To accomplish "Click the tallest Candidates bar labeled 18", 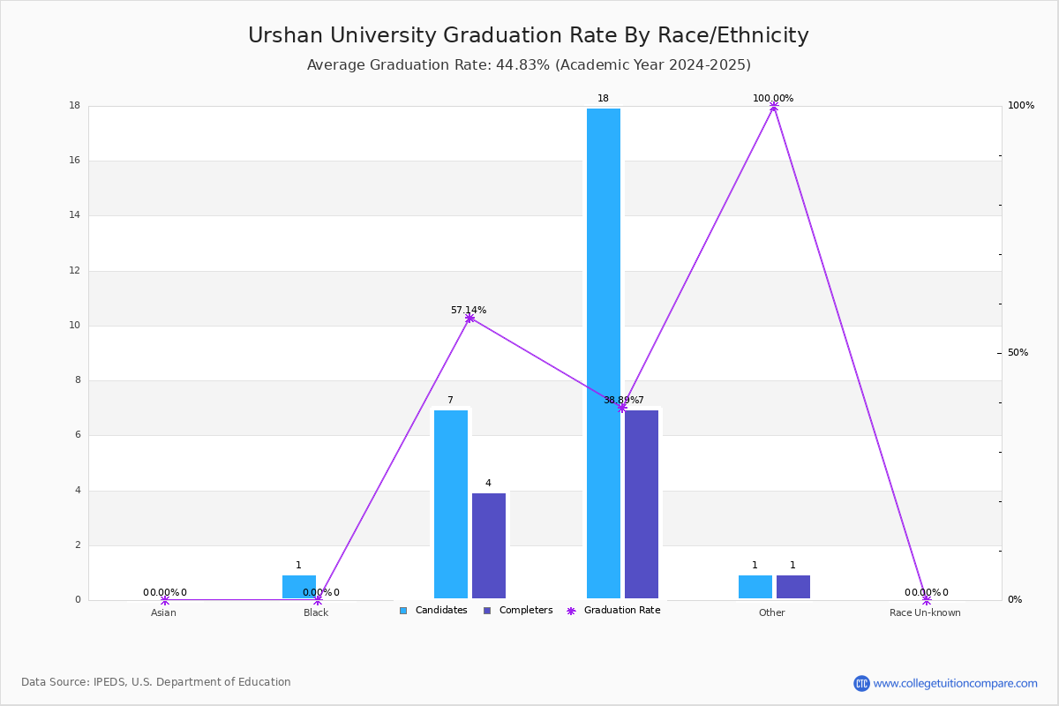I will point(604,353).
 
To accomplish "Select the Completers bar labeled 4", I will point(489,545).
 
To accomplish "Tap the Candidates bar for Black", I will point(298,587).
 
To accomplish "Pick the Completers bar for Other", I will point(792,587).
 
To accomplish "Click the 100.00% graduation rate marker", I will point(774,107).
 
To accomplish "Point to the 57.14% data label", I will point(469,311).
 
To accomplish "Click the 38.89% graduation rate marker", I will point(621,408).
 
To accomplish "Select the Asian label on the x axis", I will point(163,612).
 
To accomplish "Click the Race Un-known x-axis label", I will point(925,612).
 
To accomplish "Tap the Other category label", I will point(771,612).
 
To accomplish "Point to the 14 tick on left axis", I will point(75,215).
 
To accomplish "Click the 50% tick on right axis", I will point(1018,353).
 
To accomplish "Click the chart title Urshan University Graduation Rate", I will point(528,35).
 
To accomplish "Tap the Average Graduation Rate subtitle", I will point(528,65).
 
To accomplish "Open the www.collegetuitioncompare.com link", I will point(955,683).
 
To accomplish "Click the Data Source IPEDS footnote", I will point(156,682).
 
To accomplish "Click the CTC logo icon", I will point(861,683).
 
